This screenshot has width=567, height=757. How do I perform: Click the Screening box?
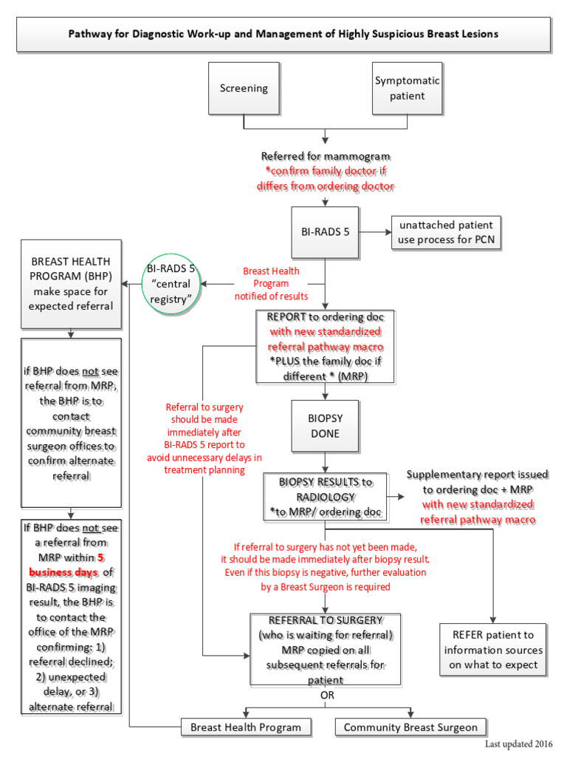pyautogui.click(x=244, y=89)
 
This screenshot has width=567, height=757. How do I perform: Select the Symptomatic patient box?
pyautogui.click(x=407, y=89)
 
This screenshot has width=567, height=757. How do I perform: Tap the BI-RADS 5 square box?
pyautogui.click(x=326, y=231)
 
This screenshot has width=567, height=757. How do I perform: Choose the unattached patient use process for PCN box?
pyautogui.click(x=446, y=234)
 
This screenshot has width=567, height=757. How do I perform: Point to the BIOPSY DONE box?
pyautogui.click(x=324, y=426)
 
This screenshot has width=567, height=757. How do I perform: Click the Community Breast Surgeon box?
pyautogui.click(x=410, y=727)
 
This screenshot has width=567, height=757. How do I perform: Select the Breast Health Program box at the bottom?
pyautogui.click(x=246, y=727)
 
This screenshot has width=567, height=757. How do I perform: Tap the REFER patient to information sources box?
pyautogui.click(x=492, y=650)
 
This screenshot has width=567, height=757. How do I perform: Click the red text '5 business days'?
pyautogui.click(x=70, y=566)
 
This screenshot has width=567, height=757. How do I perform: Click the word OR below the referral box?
pyautogui.click(x=326, y=696)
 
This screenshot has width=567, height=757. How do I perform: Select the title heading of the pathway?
pyautogui.click(x=283, y=34)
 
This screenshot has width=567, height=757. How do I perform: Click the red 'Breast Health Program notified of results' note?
pyautogui.click(x=271, y=284)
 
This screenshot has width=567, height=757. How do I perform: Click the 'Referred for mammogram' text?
pyautogui.click(x=326, y=156)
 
